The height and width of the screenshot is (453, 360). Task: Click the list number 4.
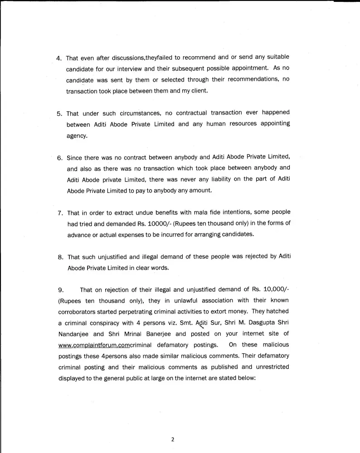tap(59, 58)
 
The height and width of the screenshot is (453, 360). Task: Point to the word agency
tap(77, 135)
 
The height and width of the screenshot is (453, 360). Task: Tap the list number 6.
tap(60, 158)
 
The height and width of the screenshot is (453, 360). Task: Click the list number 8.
tap(60, 256)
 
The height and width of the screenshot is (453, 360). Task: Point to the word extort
tap(229, 312)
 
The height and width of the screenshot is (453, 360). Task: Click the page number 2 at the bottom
tap(173, 439)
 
